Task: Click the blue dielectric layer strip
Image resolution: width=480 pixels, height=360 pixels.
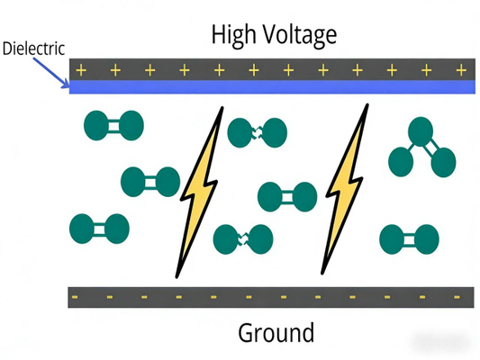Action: [x=270, y=87]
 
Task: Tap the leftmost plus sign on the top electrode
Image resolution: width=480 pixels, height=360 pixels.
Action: [x=81, y=69]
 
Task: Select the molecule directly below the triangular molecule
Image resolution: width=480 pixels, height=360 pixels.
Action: [x=409, y=238]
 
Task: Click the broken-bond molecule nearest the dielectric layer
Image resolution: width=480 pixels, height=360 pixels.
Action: [x=251, y=133]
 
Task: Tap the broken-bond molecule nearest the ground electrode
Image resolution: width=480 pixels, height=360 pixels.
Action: [x=242, y=238]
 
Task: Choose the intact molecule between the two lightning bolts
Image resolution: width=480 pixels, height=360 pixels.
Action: [x=286, y=196]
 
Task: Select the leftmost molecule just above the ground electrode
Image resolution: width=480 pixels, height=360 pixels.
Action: [x=98, y=228]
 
